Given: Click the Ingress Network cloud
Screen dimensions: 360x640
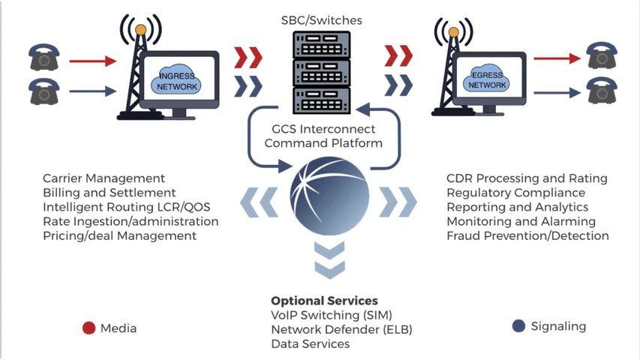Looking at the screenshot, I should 177,82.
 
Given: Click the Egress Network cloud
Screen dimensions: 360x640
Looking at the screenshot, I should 488,81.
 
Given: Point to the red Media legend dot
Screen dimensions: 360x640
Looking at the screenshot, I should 89,328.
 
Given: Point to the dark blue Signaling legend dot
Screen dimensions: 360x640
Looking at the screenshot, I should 518,326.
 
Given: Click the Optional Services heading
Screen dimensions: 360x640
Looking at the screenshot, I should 324,301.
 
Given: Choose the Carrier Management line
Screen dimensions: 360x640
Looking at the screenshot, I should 104,178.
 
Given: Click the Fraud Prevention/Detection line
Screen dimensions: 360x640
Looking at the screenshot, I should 527,235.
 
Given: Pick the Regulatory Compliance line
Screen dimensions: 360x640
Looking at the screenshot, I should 515,193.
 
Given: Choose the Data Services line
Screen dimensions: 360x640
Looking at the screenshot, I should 311,343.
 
